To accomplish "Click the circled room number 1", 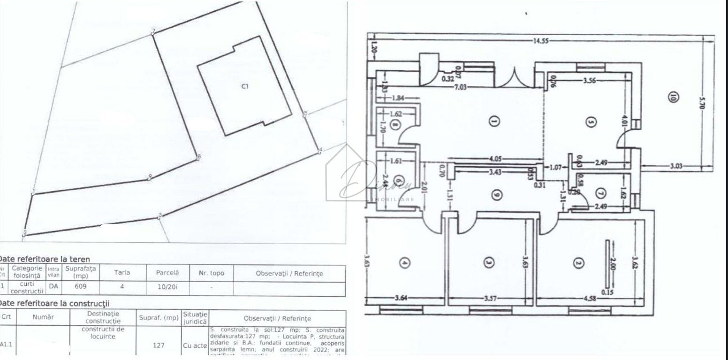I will pyautogui.click(x=493, y=122).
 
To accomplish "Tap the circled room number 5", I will pyautogui.click(x=591, y=122).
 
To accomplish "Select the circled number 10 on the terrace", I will pyautogui.click(x=673, y=98).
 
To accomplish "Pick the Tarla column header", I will pyautogui.click(x=121, y=272).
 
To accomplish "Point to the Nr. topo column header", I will pyautogui.click(x=211, y=273).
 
